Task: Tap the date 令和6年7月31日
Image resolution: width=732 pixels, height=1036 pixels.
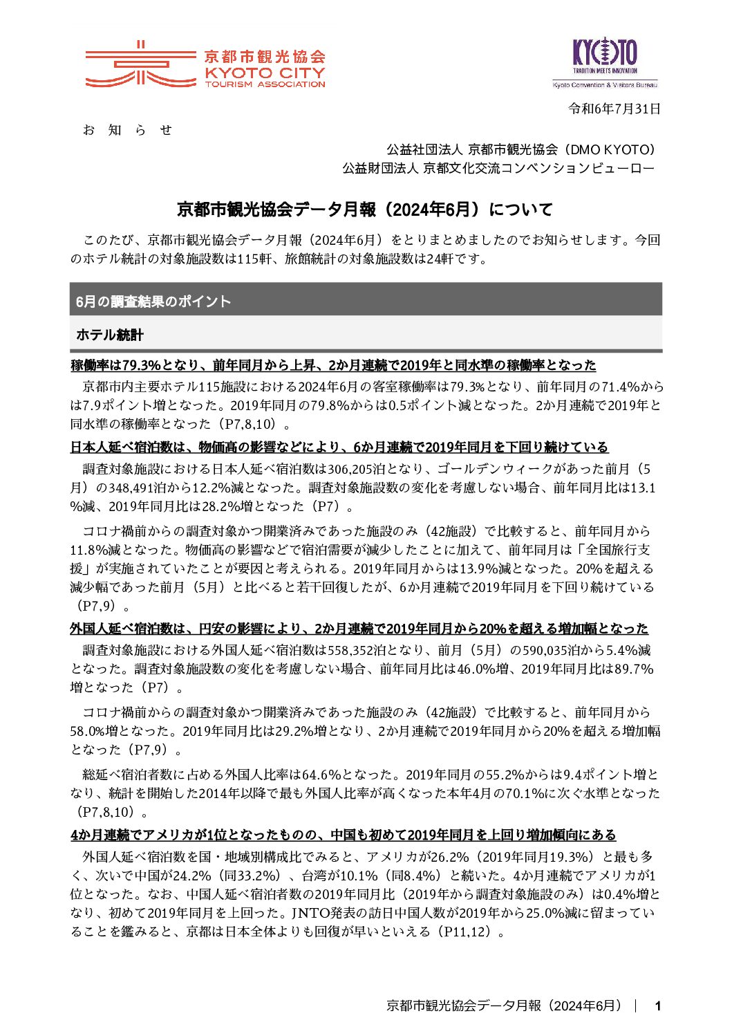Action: [x=614, y=109]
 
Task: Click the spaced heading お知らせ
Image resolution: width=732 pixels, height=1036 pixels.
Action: [x=127, y=130]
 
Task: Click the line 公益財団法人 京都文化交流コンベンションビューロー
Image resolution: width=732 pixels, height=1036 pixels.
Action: [x=498, y=168]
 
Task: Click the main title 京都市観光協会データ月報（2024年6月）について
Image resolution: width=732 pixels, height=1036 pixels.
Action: [x=365, y=209]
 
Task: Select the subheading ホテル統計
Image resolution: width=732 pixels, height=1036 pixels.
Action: [x=109, y=335]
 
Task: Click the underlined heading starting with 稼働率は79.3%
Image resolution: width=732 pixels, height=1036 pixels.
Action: [x=332, y=365]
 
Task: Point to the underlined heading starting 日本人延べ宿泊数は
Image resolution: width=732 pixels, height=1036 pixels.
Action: [x=339, y=447]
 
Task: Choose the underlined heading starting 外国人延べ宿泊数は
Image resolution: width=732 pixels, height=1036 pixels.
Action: [x=359, y=629]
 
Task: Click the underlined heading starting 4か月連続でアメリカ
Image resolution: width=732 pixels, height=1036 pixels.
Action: [x=343, y=835]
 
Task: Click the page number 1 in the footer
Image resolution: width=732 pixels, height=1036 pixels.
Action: [x=658, y=1006]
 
